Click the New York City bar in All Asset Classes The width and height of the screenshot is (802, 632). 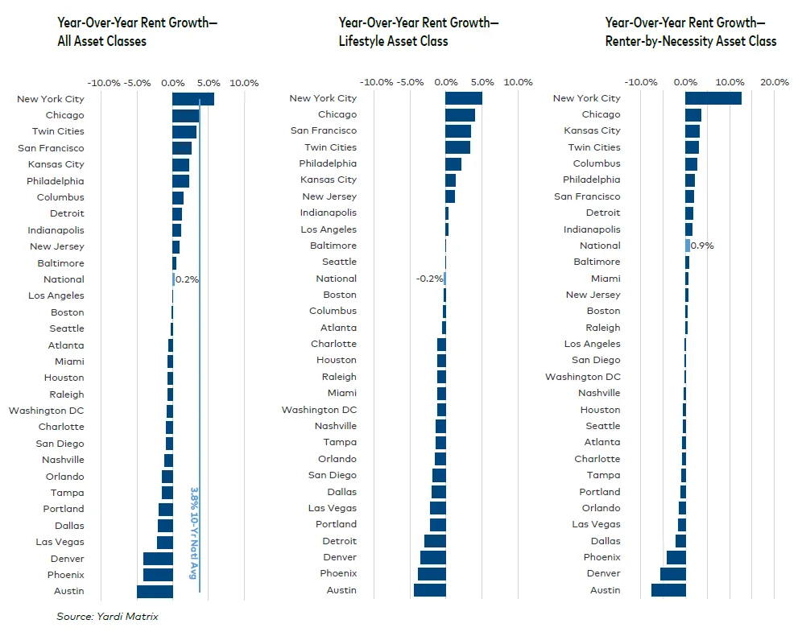193,99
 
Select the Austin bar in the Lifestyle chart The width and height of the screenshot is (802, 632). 430,590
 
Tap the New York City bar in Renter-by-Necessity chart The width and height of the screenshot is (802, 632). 713,98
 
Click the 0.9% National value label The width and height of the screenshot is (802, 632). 703,246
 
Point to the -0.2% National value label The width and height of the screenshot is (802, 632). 428,279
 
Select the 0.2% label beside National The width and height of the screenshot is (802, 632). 188,279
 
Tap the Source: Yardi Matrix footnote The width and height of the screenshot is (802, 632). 107,617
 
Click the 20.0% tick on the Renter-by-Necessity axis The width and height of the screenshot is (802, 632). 775,82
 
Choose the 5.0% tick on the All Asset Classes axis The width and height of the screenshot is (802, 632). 209,82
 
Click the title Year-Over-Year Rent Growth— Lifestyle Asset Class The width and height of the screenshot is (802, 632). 418,32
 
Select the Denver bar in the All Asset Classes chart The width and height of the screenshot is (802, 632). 158,559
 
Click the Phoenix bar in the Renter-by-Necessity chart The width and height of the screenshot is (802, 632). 676,557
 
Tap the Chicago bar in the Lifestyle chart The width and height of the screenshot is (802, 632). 460,115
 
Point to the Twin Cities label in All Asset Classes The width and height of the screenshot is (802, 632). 58,131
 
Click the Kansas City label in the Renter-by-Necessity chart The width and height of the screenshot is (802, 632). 592,130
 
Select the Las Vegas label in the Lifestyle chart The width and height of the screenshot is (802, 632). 332,508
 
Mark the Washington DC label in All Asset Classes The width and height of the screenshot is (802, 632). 47,411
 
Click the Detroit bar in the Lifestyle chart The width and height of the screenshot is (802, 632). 435,541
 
